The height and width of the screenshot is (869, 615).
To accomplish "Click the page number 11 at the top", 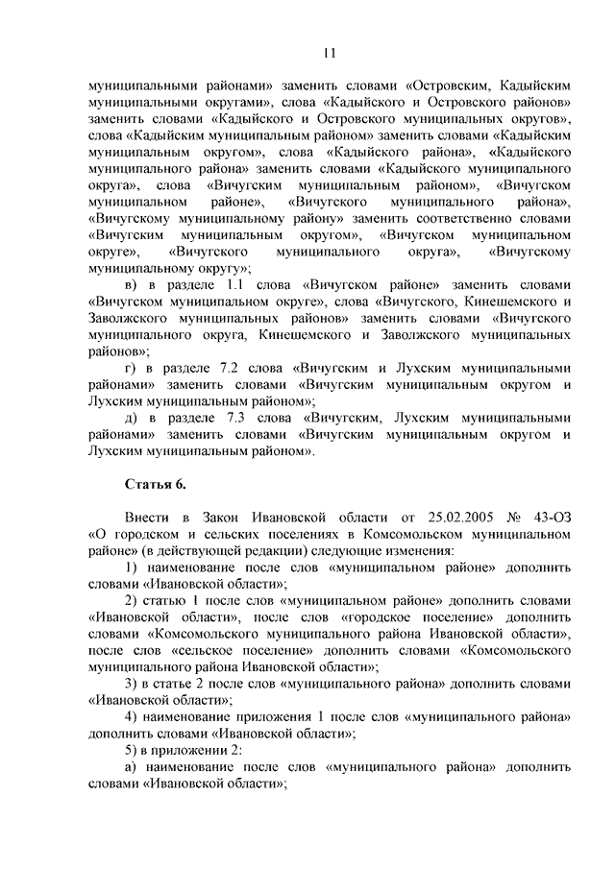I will pos(329,53).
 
